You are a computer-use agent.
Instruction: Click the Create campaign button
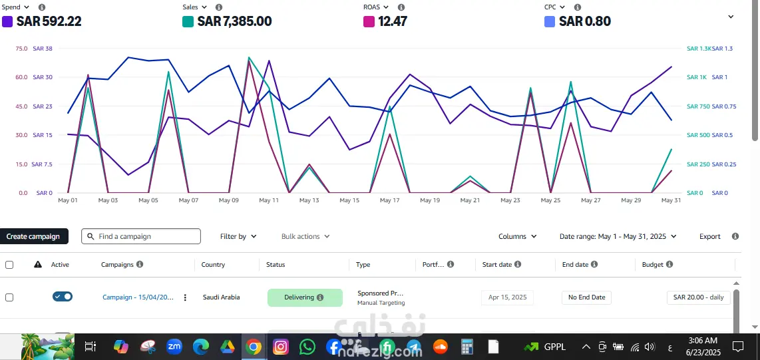click(33, 236)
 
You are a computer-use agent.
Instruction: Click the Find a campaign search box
click(141, 236)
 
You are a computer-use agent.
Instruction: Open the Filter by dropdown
click(238, 236)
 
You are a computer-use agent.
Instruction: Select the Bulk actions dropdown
click(305, 236)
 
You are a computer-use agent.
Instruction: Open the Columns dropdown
click(517, 236)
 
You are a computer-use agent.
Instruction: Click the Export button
click(709, 236)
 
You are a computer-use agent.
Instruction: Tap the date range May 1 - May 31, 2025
click(618, 236)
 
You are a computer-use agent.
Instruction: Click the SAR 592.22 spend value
click(49, 21)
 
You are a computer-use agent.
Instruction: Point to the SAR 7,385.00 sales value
click(234, 21)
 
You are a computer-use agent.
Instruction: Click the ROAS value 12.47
click(392, 21)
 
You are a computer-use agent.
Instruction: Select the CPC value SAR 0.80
click(584, 21)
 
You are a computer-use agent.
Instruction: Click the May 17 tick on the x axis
click(389, 200)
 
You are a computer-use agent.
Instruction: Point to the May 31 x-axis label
click(671, 200)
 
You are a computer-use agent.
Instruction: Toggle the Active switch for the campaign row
click(63, 297)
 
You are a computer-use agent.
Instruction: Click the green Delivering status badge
click(304, 297)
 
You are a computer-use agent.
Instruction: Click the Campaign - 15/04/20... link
click(138, 297)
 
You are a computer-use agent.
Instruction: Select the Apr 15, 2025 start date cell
click(507, 297)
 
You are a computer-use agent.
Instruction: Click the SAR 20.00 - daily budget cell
click(698, 297)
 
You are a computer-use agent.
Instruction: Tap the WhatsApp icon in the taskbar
click(307, 347)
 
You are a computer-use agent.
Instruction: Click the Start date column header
click(497, 265)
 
